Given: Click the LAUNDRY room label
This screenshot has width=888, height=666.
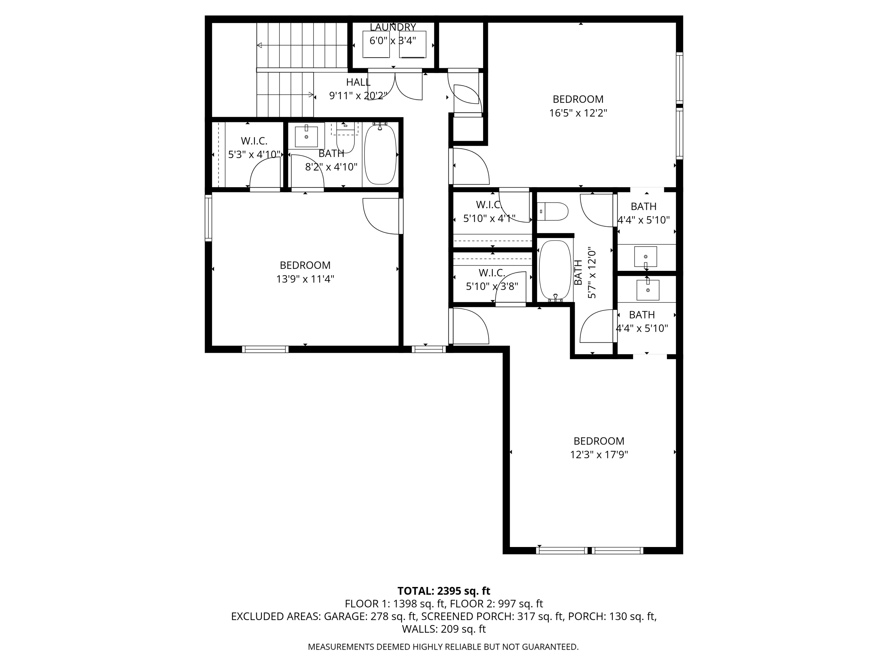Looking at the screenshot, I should pyautogui.click(x=392, y=27).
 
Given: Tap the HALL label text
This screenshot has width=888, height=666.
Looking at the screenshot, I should pyautogui.click(x=358, y=82).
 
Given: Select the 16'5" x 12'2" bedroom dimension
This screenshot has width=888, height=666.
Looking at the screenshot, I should pyautogui.click(x=578, y=113).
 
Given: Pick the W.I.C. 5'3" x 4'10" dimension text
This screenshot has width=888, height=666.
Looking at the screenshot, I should pyautogui.click(x=254, y=155).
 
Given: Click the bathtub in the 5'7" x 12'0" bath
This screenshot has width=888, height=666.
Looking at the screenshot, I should pyautogui.click(x=555, y=270).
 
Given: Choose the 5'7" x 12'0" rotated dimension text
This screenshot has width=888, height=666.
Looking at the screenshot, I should pyautogui.click(x=592, y=275).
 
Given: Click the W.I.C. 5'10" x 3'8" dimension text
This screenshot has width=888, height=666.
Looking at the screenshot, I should pyautogui.click(x=492, y=286).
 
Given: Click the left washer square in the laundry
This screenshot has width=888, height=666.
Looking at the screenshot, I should pyautogui.click(x=376, y=44).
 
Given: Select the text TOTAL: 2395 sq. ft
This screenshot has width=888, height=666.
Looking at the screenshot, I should pyautogui.click(x=444, y=591).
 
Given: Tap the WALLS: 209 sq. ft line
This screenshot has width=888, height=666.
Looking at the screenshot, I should pyautogui.click(x=444, y=629).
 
